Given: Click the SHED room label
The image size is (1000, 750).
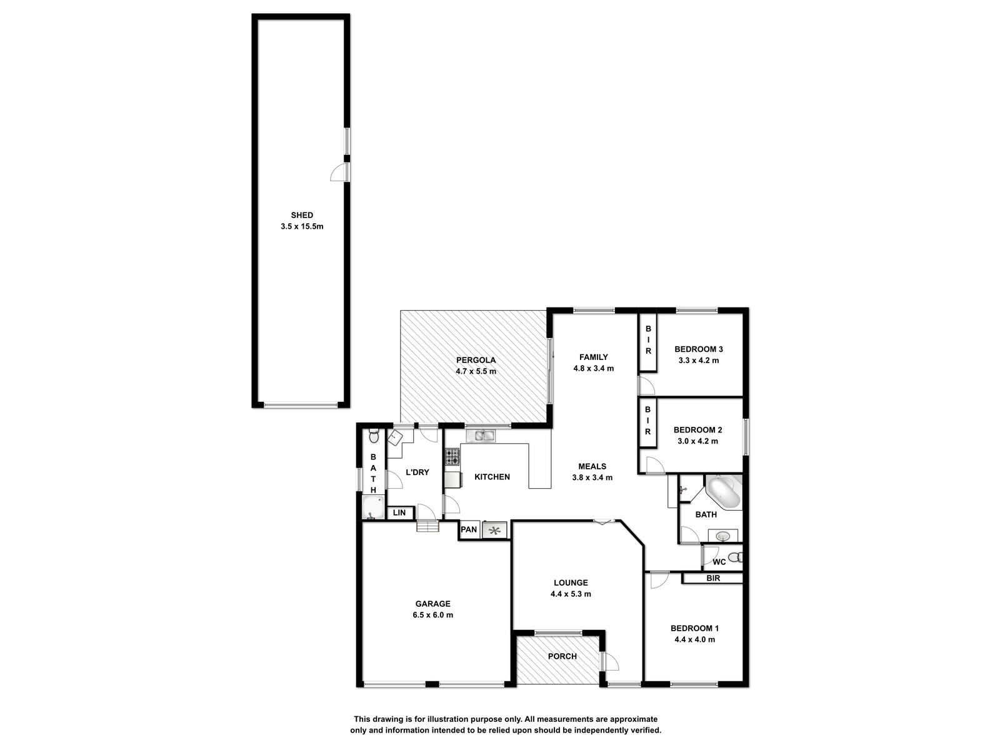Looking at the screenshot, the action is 302,215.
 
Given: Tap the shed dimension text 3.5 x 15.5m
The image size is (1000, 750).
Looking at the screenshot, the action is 302,226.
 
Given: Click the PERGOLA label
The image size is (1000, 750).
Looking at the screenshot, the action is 476,360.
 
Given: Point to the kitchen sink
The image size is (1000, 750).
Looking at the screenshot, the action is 480,436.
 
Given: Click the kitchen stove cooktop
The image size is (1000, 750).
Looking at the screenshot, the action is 452,456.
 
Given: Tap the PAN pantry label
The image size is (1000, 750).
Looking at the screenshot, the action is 468,529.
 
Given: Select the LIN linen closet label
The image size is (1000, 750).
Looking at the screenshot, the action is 399,512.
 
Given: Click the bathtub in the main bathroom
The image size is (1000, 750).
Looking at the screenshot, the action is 724,492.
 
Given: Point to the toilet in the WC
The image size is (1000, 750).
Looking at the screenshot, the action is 735,557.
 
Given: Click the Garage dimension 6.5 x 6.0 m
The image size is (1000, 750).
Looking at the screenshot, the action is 432,615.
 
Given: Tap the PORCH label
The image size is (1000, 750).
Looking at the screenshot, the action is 562,656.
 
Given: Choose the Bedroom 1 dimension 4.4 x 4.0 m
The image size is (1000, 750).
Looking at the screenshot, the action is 694,639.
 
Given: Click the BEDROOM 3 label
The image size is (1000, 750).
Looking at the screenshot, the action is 698,349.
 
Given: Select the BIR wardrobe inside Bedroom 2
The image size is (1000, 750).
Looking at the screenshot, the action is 647,422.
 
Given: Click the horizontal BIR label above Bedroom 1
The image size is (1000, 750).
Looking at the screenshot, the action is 713,578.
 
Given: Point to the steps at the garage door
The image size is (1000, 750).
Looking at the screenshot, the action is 427,526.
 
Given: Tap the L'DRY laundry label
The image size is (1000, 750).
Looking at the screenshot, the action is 417,472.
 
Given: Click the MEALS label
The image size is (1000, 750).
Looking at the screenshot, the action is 592,466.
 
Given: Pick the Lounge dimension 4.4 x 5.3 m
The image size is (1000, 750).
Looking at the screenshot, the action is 571,594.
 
